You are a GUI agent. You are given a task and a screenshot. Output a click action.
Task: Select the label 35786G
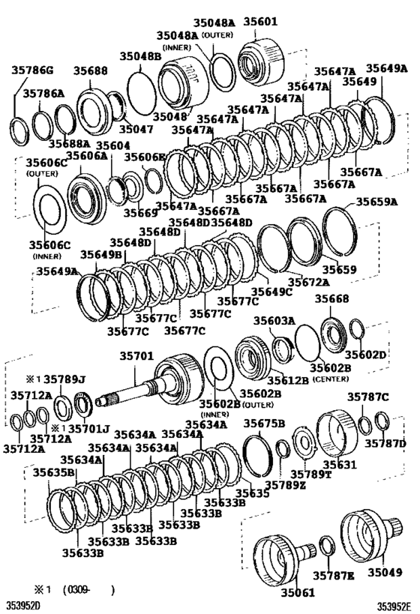coord(32,71)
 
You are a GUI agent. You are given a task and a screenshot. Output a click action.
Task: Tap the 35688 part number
coord(90,71)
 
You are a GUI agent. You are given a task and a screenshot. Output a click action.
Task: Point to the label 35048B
coord(139,56)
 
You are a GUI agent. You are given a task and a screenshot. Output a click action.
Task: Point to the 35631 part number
coord(338,465)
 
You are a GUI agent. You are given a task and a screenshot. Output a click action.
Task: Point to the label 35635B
coord(53,473)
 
